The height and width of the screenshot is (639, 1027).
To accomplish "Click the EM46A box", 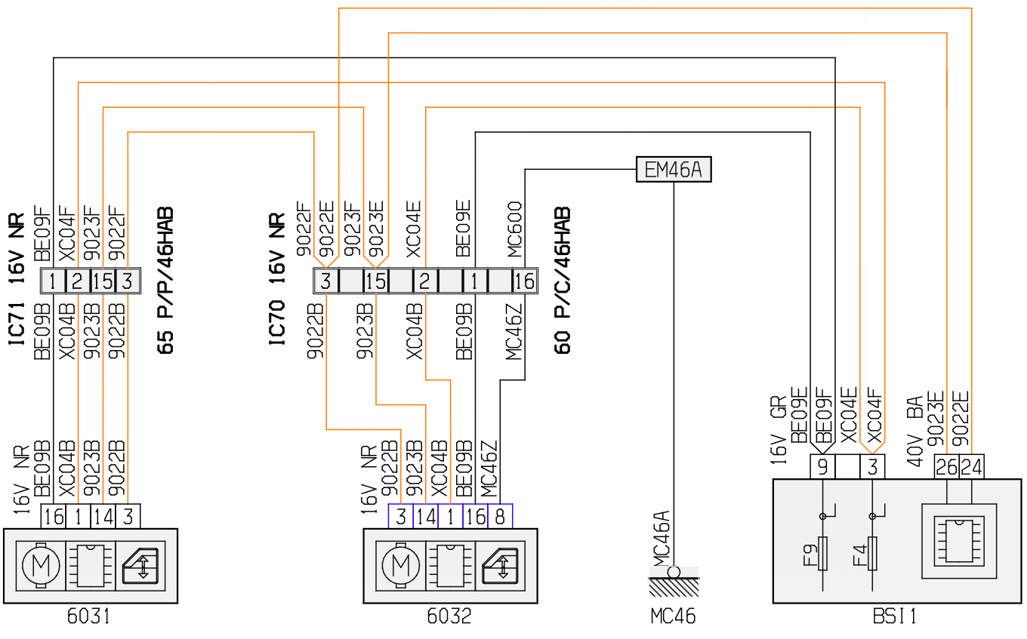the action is point(674,170).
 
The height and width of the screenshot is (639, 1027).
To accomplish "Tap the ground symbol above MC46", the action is point(674,581).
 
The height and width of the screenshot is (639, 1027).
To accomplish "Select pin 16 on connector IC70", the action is point(525,281).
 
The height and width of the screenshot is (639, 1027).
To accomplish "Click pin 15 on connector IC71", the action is point(103,281).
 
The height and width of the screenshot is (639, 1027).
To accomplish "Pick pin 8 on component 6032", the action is point(500,516).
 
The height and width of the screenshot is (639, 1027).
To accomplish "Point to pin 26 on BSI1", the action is point(946,467).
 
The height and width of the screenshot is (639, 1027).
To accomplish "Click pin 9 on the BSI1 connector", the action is point(822,467).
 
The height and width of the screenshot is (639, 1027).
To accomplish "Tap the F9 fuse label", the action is point(810,555).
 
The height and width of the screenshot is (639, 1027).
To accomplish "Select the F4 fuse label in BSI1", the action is point(860,555).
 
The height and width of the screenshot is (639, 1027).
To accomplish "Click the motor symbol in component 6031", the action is point(41,566).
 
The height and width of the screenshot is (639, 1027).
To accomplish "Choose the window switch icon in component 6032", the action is point(500,566).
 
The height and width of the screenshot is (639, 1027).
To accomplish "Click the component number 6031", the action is point(89,616).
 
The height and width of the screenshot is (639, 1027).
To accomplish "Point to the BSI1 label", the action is point(895,616).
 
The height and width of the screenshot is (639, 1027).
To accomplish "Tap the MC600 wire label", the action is point(514,229).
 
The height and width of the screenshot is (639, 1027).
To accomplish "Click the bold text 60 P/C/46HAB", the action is point(563,281).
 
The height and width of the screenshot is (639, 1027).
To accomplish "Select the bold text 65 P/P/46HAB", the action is point(165,281).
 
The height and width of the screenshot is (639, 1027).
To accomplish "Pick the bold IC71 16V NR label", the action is point(17,279).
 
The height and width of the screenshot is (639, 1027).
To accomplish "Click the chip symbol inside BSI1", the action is point(959,541).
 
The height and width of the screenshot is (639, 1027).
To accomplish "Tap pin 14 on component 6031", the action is point(103,516).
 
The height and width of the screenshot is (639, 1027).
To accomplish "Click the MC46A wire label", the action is point(661,539).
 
